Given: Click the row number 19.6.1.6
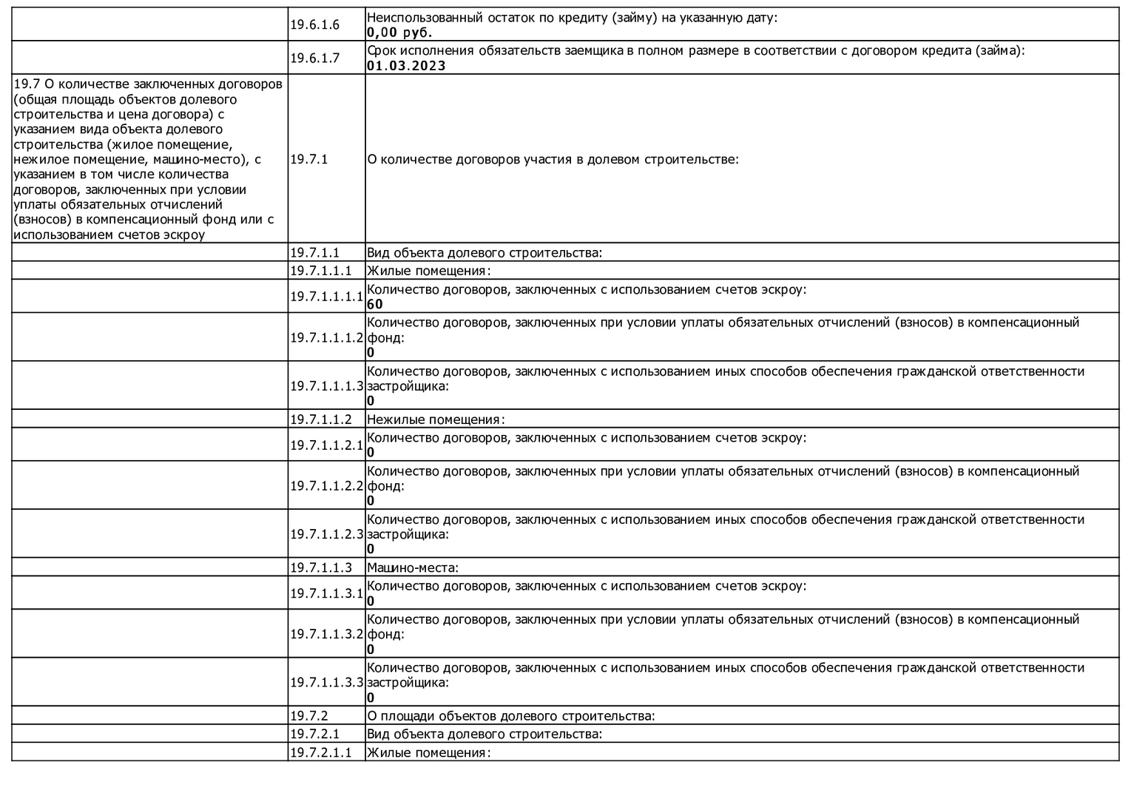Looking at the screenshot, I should click(x=314, y=25).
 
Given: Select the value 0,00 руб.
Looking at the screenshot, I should click(x=399, y=33).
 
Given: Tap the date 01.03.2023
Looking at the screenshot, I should click(x=406, y=66).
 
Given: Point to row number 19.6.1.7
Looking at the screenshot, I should click(x=314, y=58).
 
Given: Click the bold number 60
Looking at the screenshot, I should click(x=375, y=304).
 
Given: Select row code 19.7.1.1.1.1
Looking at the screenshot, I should click(x=326, y=297).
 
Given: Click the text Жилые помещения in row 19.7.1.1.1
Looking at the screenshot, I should click(x=428, y=271).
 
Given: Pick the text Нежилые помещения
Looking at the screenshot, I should click(x=435, y=419).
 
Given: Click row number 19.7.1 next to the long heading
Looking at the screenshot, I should click(x=308, y=159).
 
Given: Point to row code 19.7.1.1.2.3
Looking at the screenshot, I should click(x=326, y=534).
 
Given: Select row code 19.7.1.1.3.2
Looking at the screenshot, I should click(x=326, y=634).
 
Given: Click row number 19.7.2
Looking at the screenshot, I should click(x=308, y=716).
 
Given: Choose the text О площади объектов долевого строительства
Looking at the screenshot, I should click(x=510, y=716).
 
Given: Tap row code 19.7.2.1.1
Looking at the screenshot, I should click(x=320, y=753).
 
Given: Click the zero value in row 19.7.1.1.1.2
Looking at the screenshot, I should click(x=371, y=353).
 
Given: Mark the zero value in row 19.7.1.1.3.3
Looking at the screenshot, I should click(x=371, y=698).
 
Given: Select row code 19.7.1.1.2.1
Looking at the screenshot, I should click(x=326, y=445).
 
